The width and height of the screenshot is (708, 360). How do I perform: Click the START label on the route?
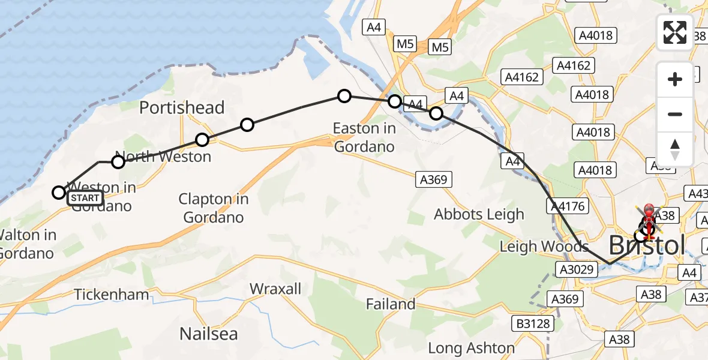click(85, 198)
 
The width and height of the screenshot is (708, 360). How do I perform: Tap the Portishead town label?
click(182, 108)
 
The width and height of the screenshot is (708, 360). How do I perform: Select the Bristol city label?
click(647, 245)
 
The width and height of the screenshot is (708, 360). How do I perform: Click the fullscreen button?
click(675, 32)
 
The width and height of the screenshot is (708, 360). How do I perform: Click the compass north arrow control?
click(675, 149)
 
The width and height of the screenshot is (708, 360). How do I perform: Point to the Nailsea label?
click(209, 334)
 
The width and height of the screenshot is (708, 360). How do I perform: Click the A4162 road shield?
click(523, 77)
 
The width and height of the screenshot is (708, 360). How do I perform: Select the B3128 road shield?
click(532, 324)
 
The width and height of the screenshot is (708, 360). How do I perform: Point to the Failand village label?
click(391, 304)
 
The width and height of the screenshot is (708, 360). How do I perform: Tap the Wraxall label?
click(275, 289)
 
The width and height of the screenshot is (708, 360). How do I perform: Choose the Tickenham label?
click(112, 295)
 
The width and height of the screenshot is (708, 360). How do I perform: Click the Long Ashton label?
click(471, 348)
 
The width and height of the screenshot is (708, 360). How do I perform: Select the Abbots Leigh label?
click(479, 214)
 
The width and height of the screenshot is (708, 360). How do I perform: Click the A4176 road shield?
click(566, 206)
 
